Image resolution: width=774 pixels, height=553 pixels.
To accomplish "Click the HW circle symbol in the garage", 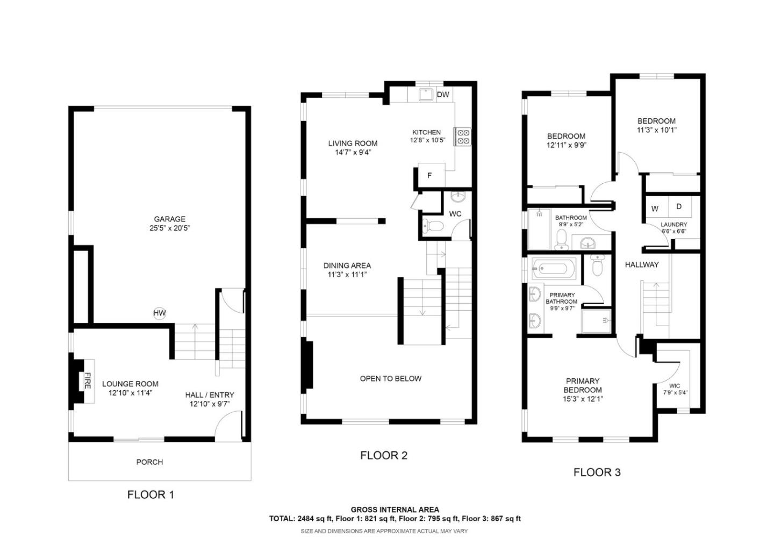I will pos(160,313).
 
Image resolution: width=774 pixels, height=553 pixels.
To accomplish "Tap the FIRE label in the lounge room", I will pos(87,380).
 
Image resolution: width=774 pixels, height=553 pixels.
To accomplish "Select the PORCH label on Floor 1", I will pos(149,462).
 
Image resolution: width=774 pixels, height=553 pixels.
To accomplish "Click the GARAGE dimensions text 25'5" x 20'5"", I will pos(169,228).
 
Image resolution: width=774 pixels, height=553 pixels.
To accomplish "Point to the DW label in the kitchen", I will pos(442,95).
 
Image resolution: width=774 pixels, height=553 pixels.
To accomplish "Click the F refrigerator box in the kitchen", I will pos(429,175).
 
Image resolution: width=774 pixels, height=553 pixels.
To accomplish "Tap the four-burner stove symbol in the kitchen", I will pos(463,137).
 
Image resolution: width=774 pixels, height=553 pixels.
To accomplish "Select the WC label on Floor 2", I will pos(455,214).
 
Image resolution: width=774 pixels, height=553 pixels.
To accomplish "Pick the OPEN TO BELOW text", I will pos(390,378).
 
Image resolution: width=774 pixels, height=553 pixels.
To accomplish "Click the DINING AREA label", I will pos(347,265).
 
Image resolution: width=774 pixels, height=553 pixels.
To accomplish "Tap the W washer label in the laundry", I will pos(655,209).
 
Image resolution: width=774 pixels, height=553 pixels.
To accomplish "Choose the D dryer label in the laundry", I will pos(679,206).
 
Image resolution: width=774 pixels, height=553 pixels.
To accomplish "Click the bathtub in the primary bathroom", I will pos(554,268).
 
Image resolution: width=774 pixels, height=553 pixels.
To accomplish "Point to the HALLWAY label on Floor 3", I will pos(641,264).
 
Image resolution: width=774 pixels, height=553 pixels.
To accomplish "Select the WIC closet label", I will pos(675,386).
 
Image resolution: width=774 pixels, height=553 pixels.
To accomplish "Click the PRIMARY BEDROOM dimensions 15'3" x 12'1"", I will pos(583,399).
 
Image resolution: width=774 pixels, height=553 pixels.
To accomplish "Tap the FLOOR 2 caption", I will pos(384,456).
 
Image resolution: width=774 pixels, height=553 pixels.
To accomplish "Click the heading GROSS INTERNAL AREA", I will pos(395,509).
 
